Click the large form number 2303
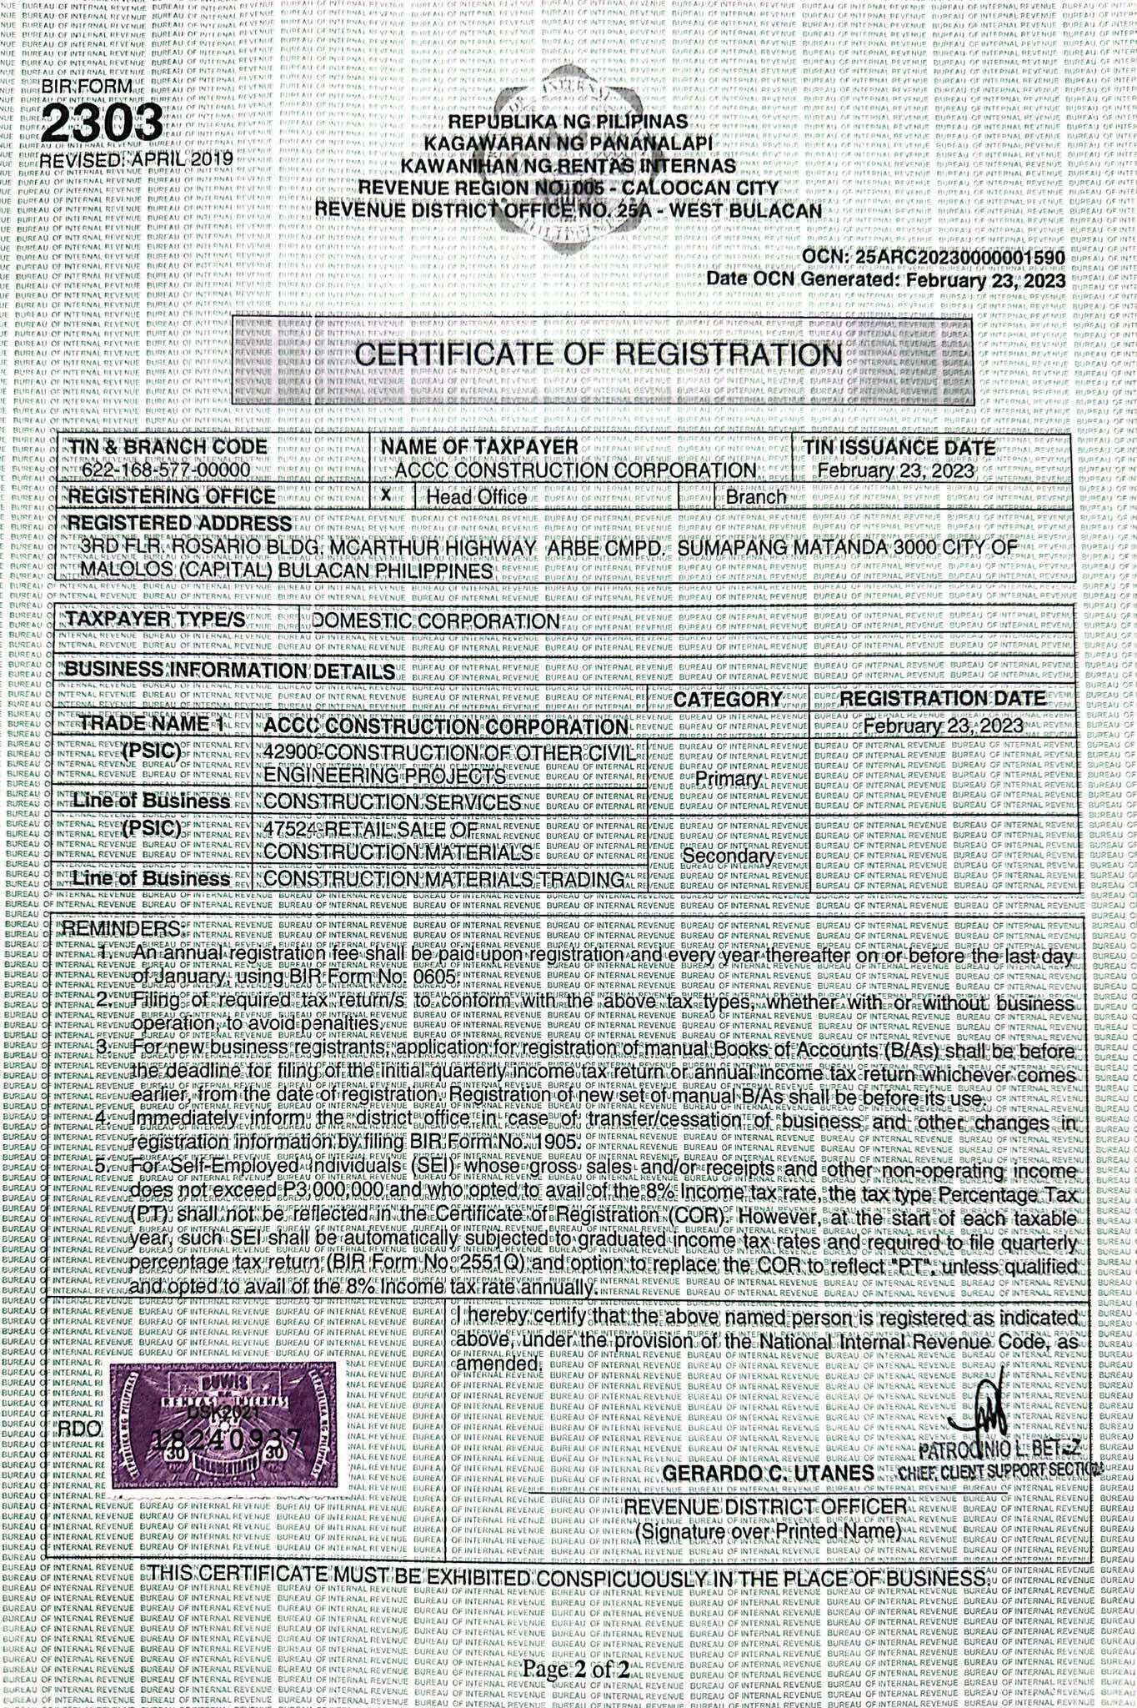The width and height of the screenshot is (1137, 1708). [102, 124]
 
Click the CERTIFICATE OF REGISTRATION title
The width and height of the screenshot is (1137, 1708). [599, 354]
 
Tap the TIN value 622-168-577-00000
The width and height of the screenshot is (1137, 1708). [165, 470]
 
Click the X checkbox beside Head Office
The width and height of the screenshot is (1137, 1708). [386, 495]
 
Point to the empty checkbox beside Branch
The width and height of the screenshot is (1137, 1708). [695, 497]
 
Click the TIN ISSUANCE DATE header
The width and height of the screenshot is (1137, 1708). [899, 447]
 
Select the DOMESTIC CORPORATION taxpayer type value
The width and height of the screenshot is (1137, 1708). [436, 621]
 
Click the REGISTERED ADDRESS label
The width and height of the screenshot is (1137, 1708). [179, 523]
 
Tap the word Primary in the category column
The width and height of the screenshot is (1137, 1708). [728, 779]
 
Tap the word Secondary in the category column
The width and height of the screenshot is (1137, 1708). [729, 857]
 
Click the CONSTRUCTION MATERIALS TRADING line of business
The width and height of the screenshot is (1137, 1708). [443, 879]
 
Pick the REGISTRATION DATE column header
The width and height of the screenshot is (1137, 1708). [942, 699]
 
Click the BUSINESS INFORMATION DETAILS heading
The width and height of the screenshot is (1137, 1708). [229, 671]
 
